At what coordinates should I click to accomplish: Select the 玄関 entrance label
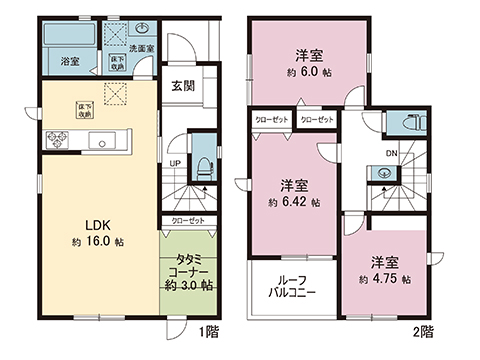(181, 85)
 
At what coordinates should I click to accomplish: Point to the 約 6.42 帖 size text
(292, 201)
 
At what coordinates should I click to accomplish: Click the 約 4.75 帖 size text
(384, 279)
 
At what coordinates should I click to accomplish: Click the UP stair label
(175, 162)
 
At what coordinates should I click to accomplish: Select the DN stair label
(392, 153)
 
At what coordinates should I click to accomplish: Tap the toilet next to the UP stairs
(200, 163)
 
